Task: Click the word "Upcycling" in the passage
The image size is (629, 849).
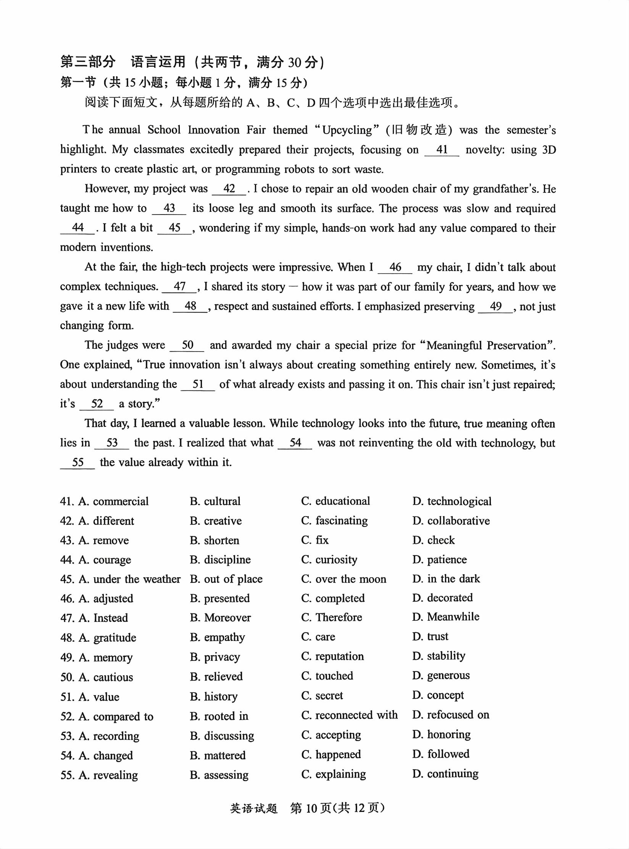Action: [347, 130]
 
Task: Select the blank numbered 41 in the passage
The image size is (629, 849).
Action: [442, 150]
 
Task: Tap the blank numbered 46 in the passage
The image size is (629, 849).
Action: [395, 267]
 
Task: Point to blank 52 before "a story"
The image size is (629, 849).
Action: [97, 404]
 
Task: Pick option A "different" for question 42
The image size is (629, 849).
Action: [106, 521]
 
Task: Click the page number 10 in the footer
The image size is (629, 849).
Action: [311, 808]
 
